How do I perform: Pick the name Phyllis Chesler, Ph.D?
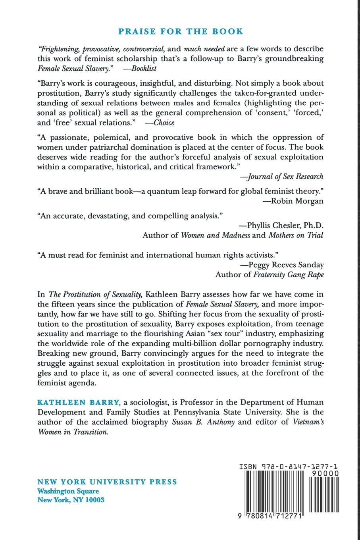[285, 225]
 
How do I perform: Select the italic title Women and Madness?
[216, 235]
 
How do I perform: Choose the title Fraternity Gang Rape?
[288, 274]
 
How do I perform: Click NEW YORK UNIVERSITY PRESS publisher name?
[107, 482]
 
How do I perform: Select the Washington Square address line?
[68, 491]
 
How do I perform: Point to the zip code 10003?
[94, 500]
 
